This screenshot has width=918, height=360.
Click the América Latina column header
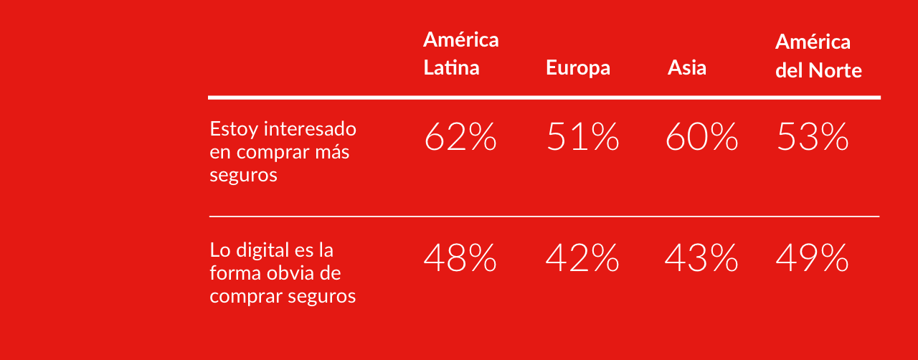point(460,54)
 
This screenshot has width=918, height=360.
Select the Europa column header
point(577,68)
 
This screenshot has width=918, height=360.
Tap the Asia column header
point(686,68)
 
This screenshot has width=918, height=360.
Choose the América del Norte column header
point(818,56)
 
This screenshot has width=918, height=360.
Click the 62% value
point(460,137)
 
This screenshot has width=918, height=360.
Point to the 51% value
point(582,137)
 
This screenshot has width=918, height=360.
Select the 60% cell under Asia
point(701,137)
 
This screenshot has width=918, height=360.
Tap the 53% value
point(812,137)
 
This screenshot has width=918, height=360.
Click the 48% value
point(460,258)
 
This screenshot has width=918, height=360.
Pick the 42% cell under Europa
point(582,258)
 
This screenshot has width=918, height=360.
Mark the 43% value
point(701,258)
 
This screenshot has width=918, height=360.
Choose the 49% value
point(812,258)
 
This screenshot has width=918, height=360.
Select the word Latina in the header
point(451,68)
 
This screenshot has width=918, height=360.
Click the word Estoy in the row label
point(234,130)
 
